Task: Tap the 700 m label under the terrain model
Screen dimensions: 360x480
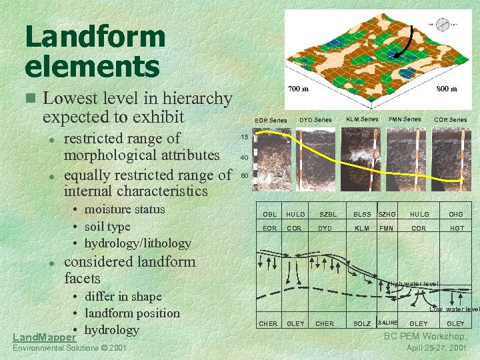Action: (x=298, y=88)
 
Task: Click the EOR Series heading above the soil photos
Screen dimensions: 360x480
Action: (x=271, y=120)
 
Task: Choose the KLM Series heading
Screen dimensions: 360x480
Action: (x=362, y=119)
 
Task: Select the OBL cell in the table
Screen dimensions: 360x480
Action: (x=269, y=215)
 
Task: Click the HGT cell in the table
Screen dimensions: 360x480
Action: (x=456, y=228)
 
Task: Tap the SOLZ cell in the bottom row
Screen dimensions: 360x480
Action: (x=362, y=323)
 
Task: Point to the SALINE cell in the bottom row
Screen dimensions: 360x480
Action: (x=387, y=323)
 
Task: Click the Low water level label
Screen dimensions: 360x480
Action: (x=454, y=309)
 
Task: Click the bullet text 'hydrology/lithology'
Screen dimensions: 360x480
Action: (x=137, y=243)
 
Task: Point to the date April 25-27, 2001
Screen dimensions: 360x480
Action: (x=437, y=348)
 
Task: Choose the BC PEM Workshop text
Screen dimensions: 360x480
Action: (x=425, y=336)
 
